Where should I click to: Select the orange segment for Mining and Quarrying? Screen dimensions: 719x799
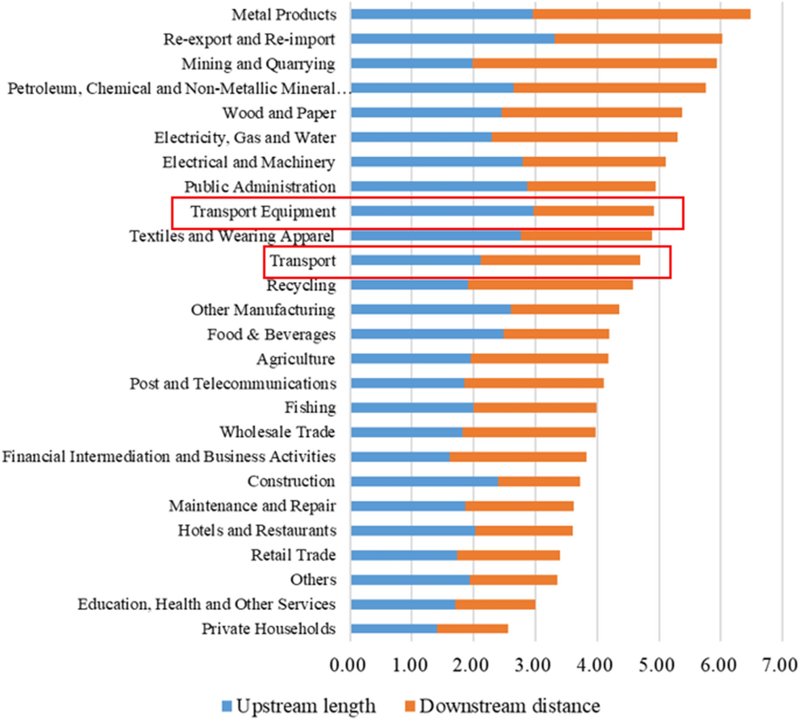[594, 64]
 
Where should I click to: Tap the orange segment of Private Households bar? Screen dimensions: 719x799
[472, 629]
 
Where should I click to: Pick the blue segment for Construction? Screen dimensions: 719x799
[424, 481]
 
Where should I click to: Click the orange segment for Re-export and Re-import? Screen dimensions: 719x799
[638, 39]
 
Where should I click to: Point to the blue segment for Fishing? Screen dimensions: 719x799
[412, 408]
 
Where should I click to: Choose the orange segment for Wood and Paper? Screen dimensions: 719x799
[591, 112]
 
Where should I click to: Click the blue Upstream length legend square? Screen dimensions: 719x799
[226, 706]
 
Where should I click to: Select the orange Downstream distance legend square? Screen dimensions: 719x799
[410, 706]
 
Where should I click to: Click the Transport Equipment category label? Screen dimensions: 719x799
[263, 211]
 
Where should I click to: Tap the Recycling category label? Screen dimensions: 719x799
[301, 285]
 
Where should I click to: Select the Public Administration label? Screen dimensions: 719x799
[259, 187]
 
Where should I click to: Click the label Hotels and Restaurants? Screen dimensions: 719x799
[257, 530]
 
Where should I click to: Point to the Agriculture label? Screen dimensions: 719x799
[295, 359]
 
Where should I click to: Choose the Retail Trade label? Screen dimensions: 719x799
[293, 555]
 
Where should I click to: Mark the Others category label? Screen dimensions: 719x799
[313, 580]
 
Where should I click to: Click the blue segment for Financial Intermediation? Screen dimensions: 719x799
[399, 457]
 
